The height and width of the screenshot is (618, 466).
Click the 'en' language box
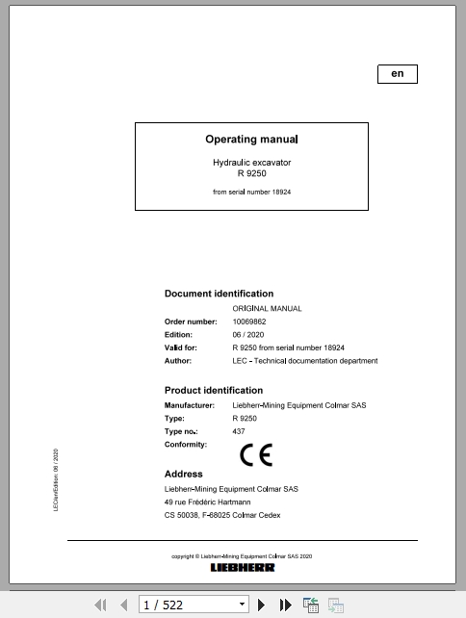click(x=397, y=74)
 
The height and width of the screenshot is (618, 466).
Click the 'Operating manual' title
click(x=251, y=140)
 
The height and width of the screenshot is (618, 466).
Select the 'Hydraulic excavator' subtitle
click(x=251, y=163)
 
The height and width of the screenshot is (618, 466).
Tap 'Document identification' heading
click(x=219, y=294)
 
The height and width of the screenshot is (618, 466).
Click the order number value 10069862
click(x=249, y=322)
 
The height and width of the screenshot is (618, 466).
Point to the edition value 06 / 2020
click(x=247, y=335)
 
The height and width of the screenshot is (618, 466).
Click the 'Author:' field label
click(x=178, y=361)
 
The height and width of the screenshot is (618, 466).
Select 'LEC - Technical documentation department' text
click(x=304, y=361)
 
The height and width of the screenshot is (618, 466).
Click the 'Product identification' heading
click(x=213, y=390)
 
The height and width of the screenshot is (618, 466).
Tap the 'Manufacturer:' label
click(x=190, y=405)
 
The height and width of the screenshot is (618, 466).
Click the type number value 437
click(x=239, y=432)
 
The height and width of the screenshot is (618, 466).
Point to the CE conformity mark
click(x=256, y=453)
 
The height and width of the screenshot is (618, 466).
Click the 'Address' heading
click(x=183, y=474)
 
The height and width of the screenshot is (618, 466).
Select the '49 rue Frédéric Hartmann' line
click(x=207, y=502)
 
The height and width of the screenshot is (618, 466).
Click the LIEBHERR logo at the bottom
click(x=243, y=567)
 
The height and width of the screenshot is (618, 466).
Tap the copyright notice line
click(x=242, y=556)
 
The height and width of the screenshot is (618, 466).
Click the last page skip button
click(x=286, y=605)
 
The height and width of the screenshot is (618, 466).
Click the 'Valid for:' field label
click(x=181, y=348)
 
